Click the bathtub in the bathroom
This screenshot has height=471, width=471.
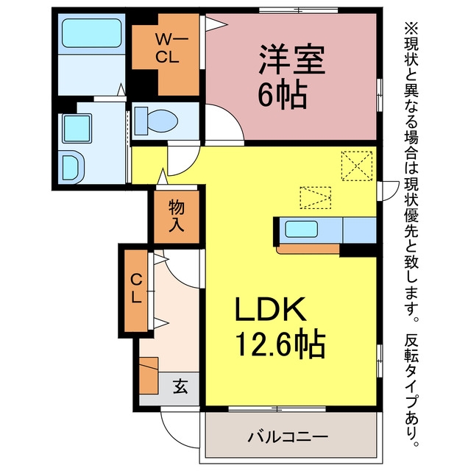tap(91, 33)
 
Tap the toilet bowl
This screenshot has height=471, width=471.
tap(156, 121)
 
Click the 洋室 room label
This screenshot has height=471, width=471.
tap(292, 60)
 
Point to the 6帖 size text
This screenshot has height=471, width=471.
tap(283, 95)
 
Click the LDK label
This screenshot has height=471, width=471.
tap(270, 309)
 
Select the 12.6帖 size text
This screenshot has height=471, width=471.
tap(281, 344)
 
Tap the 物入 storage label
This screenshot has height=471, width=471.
tap(177, 216)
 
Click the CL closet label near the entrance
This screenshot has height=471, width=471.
tap(136, 289)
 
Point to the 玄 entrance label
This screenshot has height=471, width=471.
tap(180, 386)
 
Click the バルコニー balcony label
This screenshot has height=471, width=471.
tap(288, 436)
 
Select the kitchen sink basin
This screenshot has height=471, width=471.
tap(301, 229)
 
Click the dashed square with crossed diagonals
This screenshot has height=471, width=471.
tap(357, 166)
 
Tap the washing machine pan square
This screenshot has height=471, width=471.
tap(77, 128)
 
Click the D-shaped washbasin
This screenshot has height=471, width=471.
tap(72, 167)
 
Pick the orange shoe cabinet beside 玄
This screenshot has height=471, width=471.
tap(149, 375)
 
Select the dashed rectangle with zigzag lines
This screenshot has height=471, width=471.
tap(316, 198)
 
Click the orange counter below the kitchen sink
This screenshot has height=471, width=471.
tap(308, 249)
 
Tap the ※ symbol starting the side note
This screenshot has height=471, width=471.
tap(411, 29)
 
